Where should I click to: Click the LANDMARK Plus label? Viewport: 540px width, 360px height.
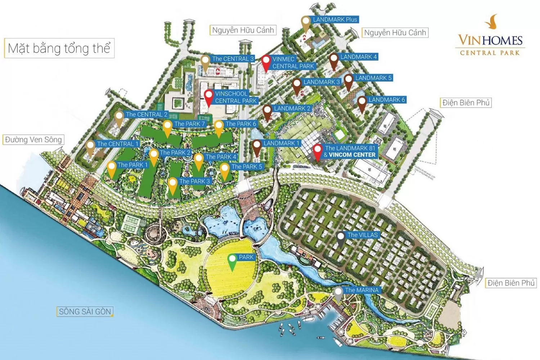pyautogui.click(x=335, y=19)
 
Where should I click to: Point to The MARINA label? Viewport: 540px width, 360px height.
pyautogui.click(x=361, y=290)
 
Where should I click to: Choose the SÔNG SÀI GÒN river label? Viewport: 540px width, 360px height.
pyautogui.click(x=85, y=311)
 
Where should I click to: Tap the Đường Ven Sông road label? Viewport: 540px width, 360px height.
pyautogui.click(x=33, y=140)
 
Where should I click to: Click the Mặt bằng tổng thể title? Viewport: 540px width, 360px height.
pyautogui.click(x=59, y=48)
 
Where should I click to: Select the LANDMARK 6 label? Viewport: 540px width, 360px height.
pyautogui.click(x=387, y=99)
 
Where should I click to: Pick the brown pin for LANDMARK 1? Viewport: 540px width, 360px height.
pyautogui.click(x=257, y=147)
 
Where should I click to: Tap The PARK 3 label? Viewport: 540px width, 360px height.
pyautogui.click(x=194, y=181)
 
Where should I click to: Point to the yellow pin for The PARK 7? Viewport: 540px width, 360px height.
pyautogui.click(x=167, y=128)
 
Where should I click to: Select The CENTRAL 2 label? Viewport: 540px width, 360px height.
pyautogui.click(x=147, y=114)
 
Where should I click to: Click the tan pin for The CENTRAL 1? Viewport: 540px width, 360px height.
pyautogui.click(x=90, y=148)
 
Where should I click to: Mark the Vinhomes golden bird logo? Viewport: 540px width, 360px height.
pyautogui.click(x=492, y=22)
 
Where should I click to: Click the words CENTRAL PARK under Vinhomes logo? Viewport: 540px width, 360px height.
pyautogui.click(x=490, y=53)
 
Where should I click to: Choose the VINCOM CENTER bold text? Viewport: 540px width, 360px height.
pyautogui.click(x=352, y=155)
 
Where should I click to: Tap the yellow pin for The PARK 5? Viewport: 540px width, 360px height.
pyautogui.click(x=225, y=171)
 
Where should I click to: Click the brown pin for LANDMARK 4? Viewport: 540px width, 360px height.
pyautogui.click(x=334, y=60)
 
